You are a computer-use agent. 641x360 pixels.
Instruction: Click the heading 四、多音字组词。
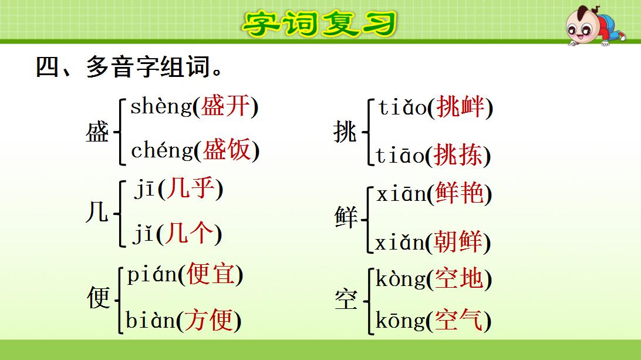(x=130, y=67)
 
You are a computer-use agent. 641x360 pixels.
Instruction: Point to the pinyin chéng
(x=161, y=151)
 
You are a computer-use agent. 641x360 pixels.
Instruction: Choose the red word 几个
(x=188, y=234)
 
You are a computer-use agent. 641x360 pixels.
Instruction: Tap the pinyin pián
(x=152, y=275)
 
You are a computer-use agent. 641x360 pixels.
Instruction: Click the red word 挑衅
(x=460, y=107)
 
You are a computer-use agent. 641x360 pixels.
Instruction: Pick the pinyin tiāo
(x=400, y=156)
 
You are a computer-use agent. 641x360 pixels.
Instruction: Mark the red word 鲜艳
(x=460, y=194)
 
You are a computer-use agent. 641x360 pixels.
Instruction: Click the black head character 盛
(x=97, y=132)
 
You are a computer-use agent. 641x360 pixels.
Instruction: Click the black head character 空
(x=346, y=300)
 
